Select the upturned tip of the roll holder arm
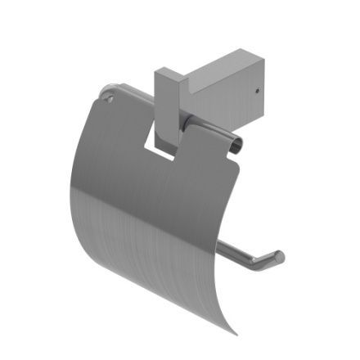(278, 258)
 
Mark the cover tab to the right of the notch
(209, 164)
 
